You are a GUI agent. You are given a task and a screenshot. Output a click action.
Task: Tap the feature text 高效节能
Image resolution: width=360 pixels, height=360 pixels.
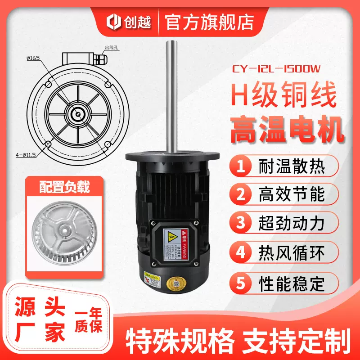pyautogui.click(x=291, y=196)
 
